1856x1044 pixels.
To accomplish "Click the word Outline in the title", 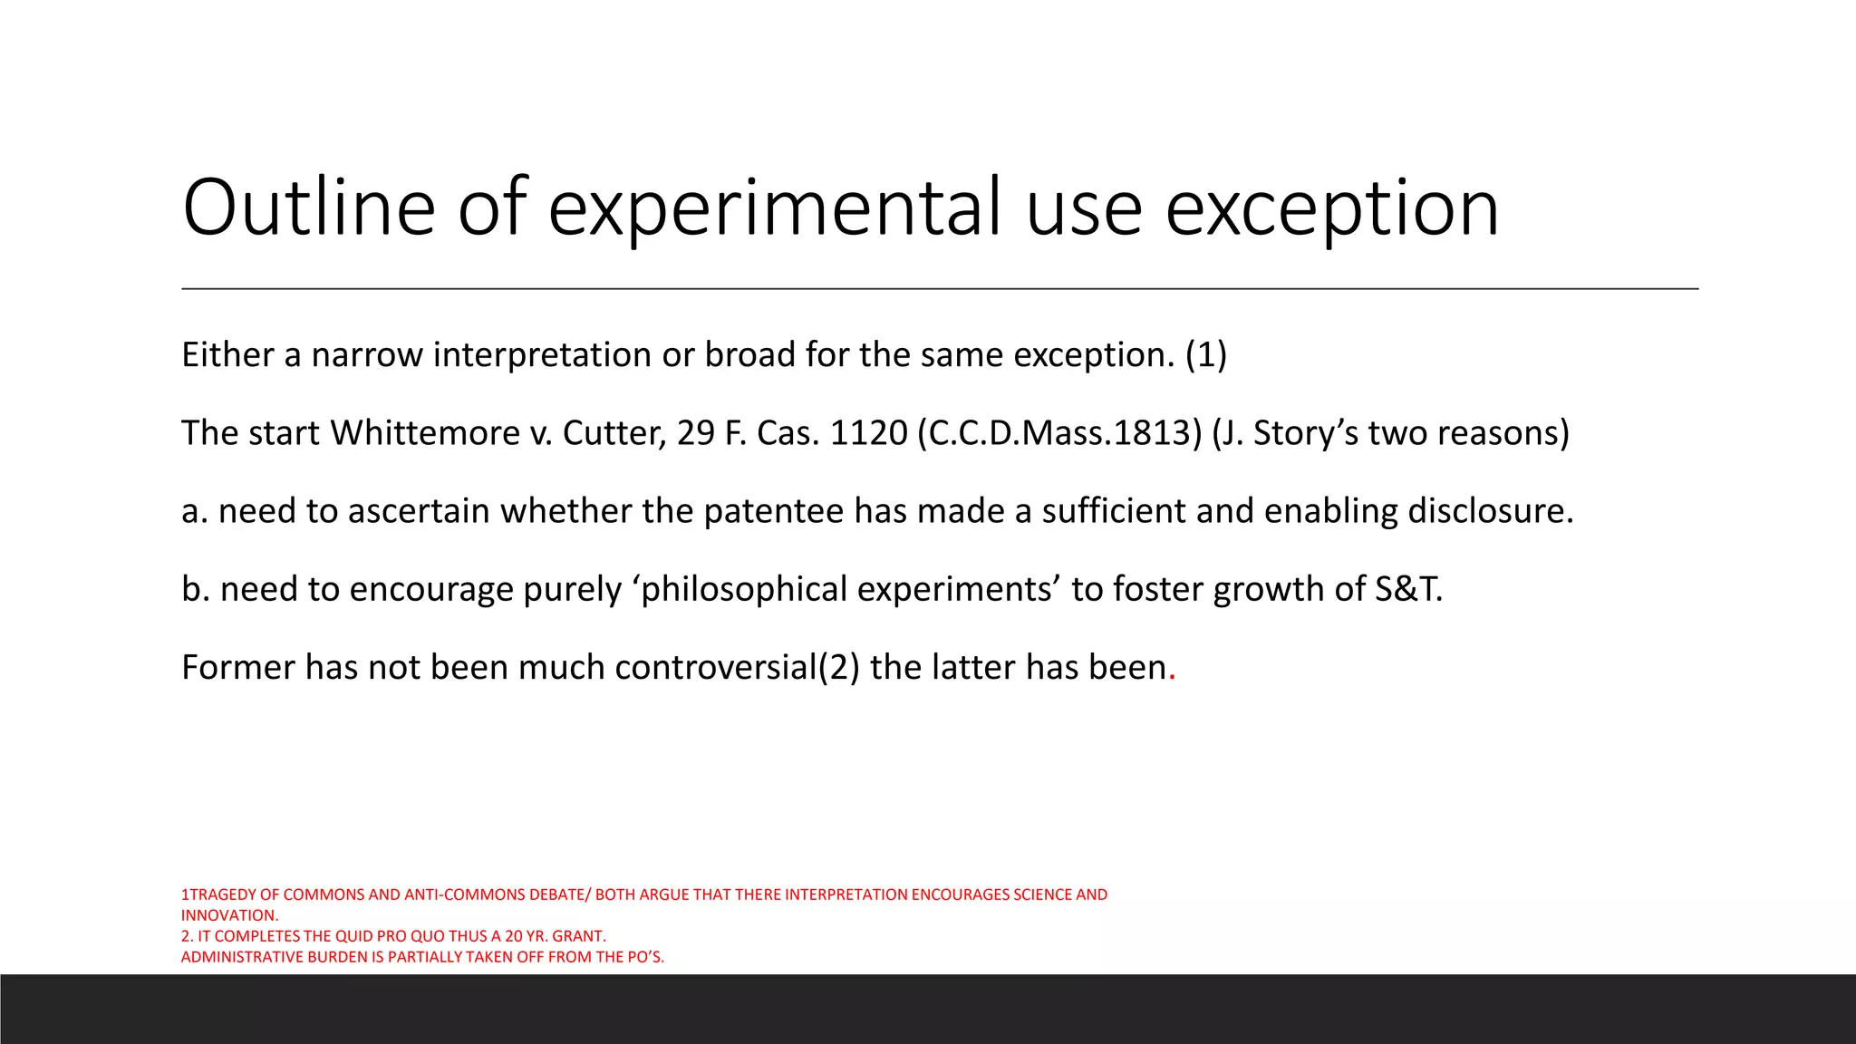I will [309, 208].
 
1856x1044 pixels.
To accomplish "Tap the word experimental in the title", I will [777, 208].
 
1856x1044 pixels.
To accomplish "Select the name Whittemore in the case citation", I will [424, 433].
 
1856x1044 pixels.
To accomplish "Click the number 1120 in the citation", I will [868, 433].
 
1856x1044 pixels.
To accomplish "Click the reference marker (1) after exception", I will [1205, 354].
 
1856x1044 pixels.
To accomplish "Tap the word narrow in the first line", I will [367, 354].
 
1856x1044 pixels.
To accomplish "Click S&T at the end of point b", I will [1407, 589].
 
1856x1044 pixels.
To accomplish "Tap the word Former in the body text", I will [238, 668].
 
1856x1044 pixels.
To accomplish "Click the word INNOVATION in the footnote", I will [228, 915].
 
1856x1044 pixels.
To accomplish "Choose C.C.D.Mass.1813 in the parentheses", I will [1059, 433].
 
